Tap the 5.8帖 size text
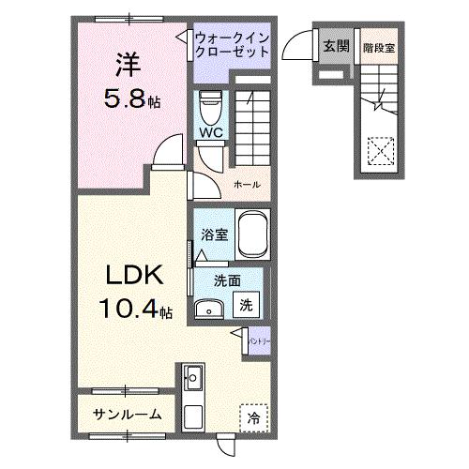tap(131, 98)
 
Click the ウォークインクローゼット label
tap(232, 45)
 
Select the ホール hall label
tap(248, 184)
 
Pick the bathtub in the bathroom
tap(252, 234)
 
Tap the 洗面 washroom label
tap(225, 280)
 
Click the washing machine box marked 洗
tap(245, 305)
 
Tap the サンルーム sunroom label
tap(127, 414)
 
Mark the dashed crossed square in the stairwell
tap(379, 150)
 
